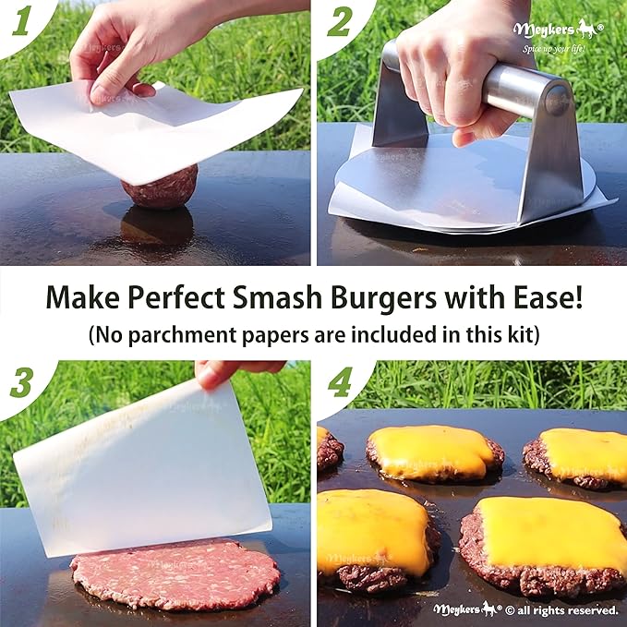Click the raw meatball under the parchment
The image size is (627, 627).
click(x=160, y=188)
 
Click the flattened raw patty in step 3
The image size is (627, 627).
click(x=163, y=573)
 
